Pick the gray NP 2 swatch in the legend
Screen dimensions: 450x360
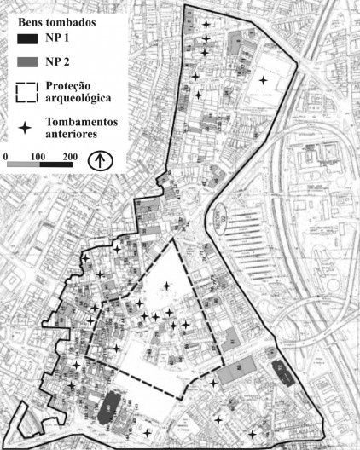pos(31,61)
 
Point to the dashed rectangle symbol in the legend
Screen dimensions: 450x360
pos(31,91)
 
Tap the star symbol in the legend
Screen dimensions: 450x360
pos(27,127)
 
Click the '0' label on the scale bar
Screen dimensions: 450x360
pos(8,158)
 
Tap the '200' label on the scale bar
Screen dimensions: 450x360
pos(70,158)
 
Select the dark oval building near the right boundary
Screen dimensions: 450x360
pos(279,371)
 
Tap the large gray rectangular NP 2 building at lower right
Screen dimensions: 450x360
pos(238,371)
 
